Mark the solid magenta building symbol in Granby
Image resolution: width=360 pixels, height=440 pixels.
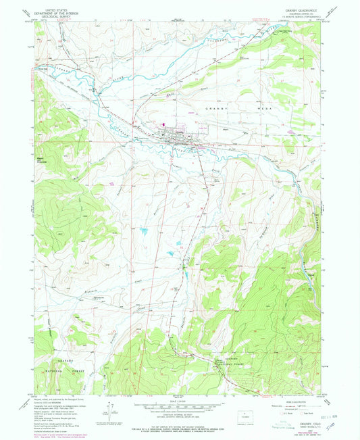pyautogui.click(x=162, y=124)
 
